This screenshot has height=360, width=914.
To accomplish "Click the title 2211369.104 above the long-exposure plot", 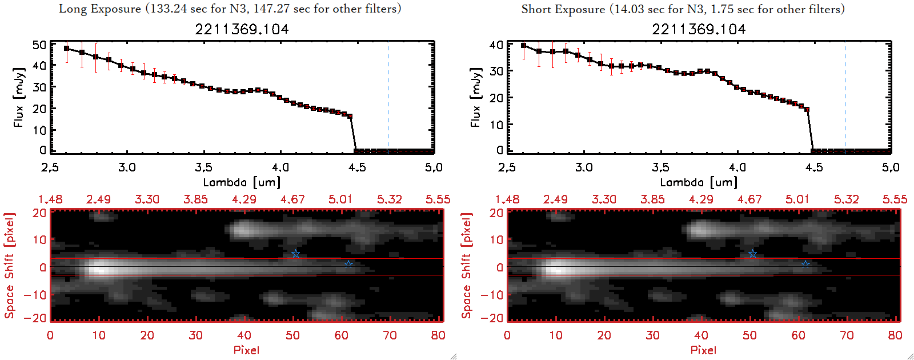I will click(x=242, y=29).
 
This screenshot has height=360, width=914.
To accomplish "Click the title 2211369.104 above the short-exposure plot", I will click(x=699, y=29).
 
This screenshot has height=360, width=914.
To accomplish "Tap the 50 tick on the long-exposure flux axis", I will click(x=39, y=45).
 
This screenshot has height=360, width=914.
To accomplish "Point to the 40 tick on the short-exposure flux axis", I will click(x=496, y=45).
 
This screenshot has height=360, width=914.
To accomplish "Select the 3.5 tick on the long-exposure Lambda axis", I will click(x=203, y=167).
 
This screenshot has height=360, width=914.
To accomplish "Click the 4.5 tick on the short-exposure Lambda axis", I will click(x=814, y=167).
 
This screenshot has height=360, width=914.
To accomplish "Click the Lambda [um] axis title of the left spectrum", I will click(x=242, y=182).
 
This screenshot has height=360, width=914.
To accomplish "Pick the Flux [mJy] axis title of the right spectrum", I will click(x=476, y=97).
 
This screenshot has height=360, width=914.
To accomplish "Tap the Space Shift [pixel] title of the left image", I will click(x=9, y=266).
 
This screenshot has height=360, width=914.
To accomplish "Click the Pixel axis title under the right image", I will click(x=703, y=350).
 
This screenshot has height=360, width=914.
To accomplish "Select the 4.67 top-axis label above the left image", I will click(x=292, y=199).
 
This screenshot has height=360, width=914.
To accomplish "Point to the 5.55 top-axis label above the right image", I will click(x=895, y=199).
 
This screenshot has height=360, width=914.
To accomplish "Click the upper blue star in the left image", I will click(x=295, y=254).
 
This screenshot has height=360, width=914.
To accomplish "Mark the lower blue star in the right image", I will click(x=805, y=264).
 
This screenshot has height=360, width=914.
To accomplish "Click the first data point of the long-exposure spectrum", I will click(x=67, y=49).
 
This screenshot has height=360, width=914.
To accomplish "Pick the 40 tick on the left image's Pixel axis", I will click(x=244, y=335).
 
